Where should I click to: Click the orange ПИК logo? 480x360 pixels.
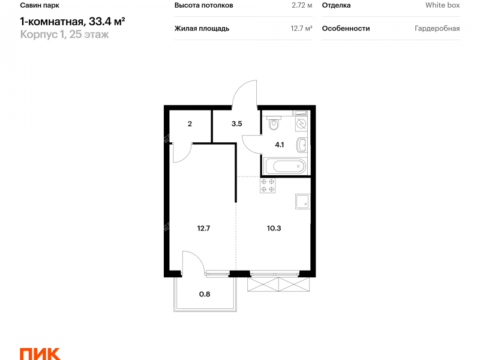pos(40,354)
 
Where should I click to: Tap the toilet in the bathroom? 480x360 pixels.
pos(274,122)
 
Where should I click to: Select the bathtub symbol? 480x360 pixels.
pos(285,167)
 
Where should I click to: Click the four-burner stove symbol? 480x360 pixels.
pos(268,185)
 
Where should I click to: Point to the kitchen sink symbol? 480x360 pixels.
pos(303,202)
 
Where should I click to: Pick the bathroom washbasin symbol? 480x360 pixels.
pos(302,145)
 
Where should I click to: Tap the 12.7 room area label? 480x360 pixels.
pos(203,228)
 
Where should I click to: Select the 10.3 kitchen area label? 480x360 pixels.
pos(274,228)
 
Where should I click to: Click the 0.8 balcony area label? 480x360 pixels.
pos(205,294)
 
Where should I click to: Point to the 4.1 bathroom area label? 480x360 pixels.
pos(279,145)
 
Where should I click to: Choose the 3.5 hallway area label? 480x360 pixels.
pos(236,124)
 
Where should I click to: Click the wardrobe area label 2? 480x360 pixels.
pos(190,124)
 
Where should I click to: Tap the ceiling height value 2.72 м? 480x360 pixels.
pos(302,5)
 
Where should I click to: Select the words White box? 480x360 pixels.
pos(442,5)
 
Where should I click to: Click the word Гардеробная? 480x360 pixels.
pos(437,28)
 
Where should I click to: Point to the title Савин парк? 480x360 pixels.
pos(40,5)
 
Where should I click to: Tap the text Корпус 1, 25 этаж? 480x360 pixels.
pos(64,34)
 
